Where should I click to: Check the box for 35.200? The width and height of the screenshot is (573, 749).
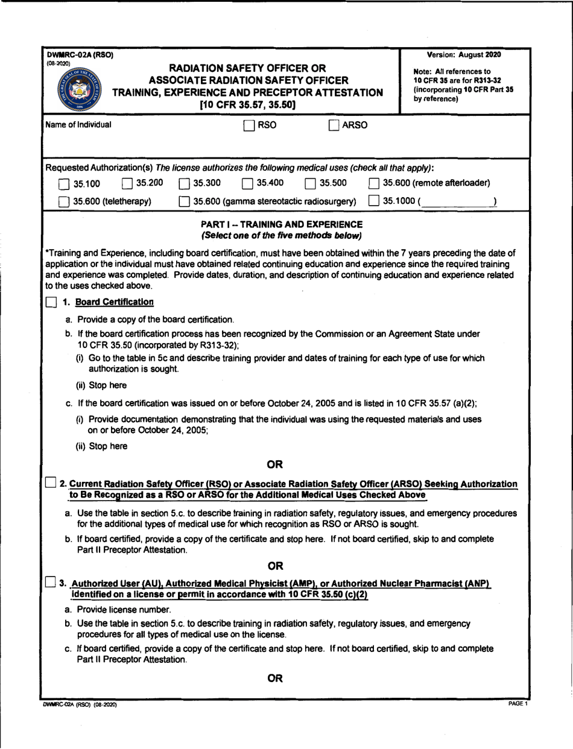point(127,182)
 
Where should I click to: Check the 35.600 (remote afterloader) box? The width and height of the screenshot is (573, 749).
point(374,182)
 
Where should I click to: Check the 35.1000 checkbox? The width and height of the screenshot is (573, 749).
point(375,200)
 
